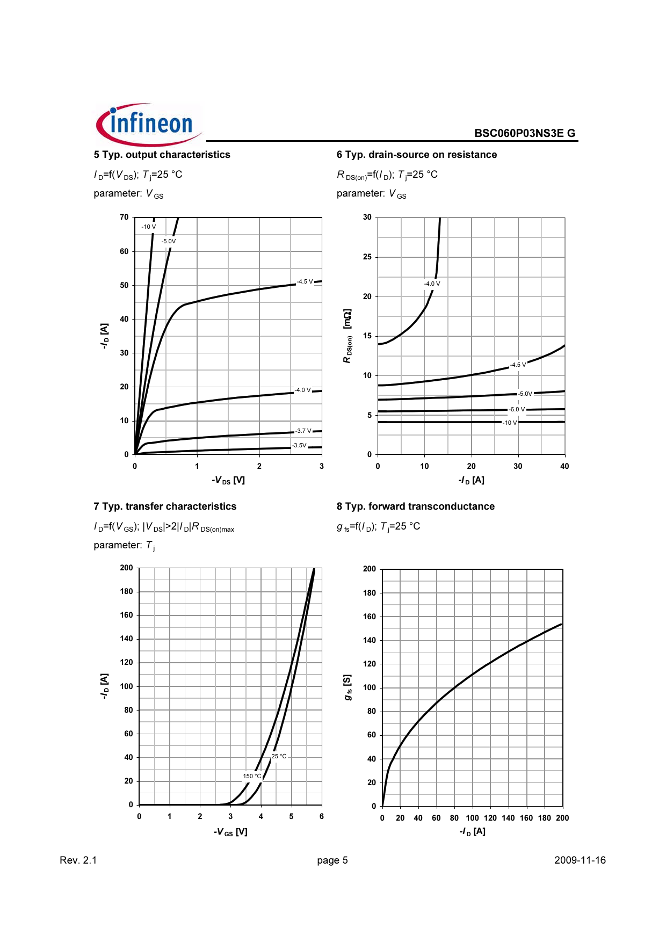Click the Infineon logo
pos(148,125)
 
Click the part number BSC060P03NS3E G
pos(524,133)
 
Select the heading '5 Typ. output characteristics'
pos(162,155)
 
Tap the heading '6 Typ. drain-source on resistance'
pos(416,155)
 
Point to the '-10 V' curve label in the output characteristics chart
pos(148,227)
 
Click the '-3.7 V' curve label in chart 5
pos(303,431)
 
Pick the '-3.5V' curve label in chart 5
pos(299,445)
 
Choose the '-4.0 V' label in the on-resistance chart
pos(432,284)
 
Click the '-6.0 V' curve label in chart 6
pos(517,409)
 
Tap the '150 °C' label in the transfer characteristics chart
pos(252,776)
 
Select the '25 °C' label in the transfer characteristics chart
pos(279,756)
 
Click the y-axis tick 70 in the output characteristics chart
pos(124,217)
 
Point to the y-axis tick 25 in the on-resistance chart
pos(367,257)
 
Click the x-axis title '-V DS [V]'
pos(228,480)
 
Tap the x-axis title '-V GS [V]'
pos(230,832)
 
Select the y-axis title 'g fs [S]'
pos(348,687)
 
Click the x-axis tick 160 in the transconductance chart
pos(526,818)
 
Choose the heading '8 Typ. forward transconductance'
pos(415,506)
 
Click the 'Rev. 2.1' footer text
pos(78,860)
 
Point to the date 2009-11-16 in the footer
pos(580,860)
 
